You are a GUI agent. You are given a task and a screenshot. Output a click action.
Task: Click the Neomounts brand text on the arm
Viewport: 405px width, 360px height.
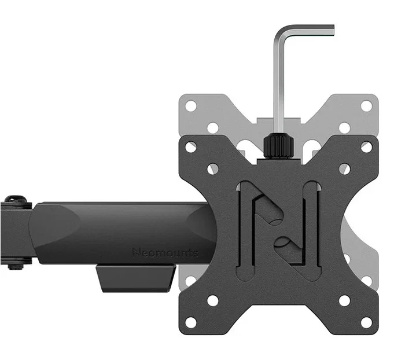165,253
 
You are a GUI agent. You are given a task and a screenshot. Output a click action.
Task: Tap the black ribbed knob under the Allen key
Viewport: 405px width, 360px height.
278,148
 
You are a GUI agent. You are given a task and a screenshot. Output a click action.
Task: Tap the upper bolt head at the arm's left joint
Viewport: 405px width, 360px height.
16,200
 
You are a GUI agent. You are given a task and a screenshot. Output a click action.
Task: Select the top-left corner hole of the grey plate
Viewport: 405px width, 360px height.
190,106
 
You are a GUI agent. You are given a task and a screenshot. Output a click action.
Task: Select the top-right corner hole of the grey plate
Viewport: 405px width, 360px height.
367,106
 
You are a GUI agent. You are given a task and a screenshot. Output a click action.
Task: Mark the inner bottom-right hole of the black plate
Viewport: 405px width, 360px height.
345,300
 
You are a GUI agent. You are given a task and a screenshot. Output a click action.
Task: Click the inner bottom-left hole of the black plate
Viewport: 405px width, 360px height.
213,300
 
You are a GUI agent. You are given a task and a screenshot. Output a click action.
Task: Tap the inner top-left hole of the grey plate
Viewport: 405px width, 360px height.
213,128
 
